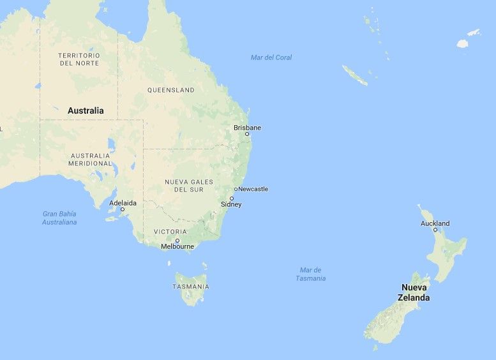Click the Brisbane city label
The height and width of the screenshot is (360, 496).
click(x=247, y=128)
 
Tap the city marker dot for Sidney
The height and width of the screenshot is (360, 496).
click(x=232, y=199)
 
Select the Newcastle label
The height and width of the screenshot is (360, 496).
click(x=253, y=189)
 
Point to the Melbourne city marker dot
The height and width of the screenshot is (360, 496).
click(x=177, y=240)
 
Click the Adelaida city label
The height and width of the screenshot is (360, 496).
click(x=123, y=203)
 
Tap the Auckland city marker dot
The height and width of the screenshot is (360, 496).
click(x=435, y=230)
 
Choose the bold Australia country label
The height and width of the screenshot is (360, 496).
click(x=86, y=110)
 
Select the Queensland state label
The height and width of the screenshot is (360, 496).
click(x=170, y=90)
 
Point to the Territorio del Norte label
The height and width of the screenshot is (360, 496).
click(x=79, y=59)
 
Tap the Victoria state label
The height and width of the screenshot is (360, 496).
click(x=170, y=232)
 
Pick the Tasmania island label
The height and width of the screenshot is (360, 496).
click(x=190, y=287)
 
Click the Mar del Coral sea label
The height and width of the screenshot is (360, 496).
click(x=271, y=57)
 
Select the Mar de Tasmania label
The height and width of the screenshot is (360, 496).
click(x=311, y=274)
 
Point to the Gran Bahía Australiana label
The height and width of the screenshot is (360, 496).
click(x=59, y=218)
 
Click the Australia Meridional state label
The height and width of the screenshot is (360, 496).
click(x=90, y=160)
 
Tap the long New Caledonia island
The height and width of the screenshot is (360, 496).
click(x=355, y=75)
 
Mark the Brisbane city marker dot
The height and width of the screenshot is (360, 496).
click(x=247, y=134)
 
